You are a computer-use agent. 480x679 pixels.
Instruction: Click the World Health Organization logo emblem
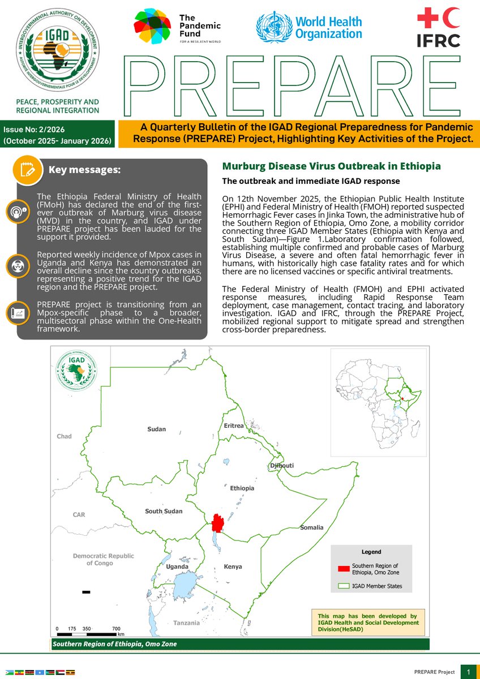tap(273, 27)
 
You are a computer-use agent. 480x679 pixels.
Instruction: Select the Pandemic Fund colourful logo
tap(152, 26)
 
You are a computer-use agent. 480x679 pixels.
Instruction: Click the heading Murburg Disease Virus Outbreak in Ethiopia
tap(331, 166)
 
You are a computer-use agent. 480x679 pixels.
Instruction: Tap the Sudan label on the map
tap(156, 429)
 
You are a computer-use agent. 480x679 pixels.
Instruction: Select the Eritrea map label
tap(233, 426)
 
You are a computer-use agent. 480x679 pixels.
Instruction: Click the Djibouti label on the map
tap(281, 465)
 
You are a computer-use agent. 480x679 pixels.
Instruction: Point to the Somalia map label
tap(311, 527)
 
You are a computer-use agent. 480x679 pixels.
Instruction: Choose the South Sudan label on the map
tap(164, 511)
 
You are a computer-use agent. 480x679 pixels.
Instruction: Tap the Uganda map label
tap(169, 566)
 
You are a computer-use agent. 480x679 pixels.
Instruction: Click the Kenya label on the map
tap(233, 566)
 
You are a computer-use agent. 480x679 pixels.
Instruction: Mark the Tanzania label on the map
tap(186, 623)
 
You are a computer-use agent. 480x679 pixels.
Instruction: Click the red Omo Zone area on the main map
tap(218, 522)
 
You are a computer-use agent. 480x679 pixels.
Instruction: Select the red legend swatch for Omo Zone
tap(342, 569)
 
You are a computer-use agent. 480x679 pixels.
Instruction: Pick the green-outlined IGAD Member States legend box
tap(342, 586)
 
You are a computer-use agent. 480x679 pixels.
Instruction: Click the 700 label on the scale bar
tap(116, 629)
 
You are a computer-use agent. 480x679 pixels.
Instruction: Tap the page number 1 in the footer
tap(469, 672)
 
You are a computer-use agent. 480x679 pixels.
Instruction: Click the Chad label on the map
tap(65, 436)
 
